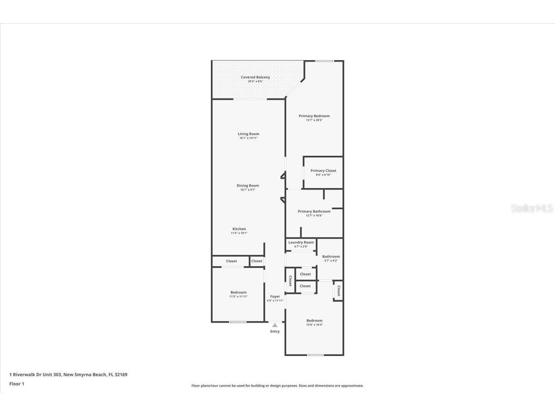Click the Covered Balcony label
[255, 77]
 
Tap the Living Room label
[248, 134]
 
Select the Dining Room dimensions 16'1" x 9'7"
[248, 190]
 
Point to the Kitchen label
[239, 229]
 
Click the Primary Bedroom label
[314, 116]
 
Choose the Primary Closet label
[323, 171]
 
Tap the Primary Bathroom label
[314, 211]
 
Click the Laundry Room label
[301, 242]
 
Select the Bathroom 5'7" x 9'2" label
[331, 257]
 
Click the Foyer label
[275, 296]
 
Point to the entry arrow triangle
[275, 325]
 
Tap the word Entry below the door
[275, 331]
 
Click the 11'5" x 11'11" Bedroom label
[239, 292]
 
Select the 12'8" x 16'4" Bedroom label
[314, 320]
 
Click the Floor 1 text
[17, 384]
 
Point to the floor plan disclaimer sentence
[277, 385]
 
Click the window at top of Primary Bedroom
[325, 61]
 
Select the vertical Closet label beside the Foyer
[290, 281]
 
